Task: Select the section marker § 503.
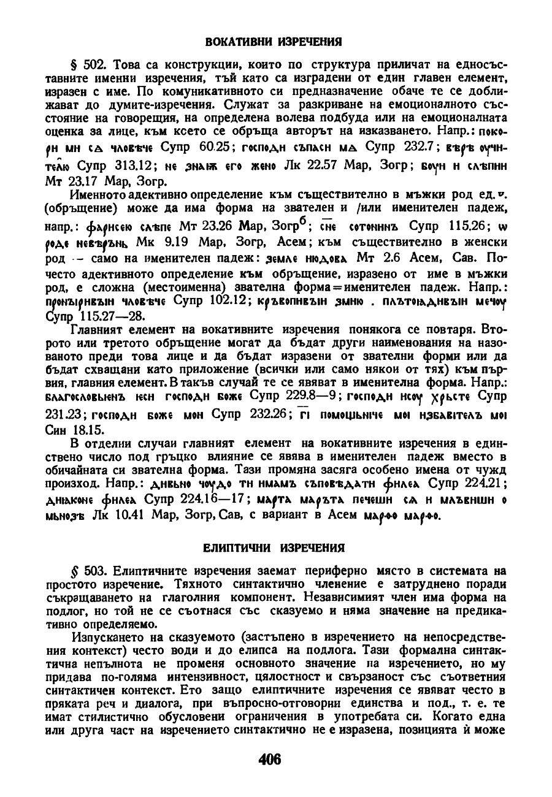coord(85,571)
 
